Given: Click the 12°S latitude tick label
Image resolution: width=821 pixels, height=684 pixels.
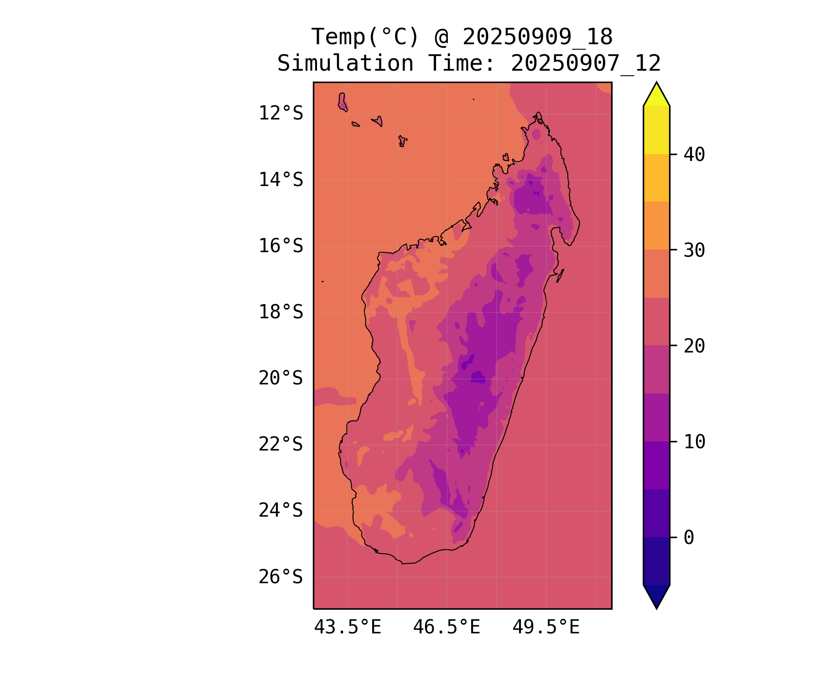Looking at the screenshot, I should tap(281, 113).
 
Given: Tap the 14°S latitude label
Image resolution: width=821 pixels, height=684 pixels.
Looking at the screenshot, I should tap(281, 180).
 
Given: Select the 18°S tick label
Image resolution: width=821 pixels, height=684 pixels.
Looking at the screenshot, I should tap(281, 312).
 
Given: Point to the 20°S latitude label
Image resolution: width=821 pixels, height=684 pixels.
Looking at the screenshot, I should tap(281, 378).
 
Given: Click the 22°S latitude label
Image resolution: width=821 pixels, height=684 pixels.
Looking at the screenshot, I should tap(281, 445).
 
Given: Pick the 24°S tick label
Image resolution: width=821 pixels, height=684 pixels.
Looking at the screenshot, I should tap(281, 511).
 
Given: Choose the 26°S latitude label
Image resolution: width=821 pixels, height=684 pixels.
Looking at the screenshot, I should tap(281, 577).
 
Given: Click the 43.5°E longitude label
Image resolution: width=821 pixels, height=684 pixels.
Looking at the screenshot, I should tap(348, 627).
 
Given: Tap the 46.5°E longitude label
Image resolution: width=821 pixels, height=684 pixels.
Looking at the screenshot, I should tap(447, 627).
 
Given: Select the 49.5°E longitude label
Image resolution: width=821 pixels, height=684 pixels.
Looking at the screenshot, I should tap(546, 627).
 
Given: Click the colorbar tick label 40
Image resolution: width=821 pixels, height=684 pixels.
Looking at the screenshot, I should tap(694, 155).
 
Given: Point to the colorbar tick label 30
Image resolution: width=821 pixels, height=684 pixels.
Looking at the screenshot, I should tap(694, 250).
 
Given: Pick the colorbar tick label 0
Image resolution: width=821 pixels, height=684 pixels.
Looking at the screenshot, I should tap(689, 538).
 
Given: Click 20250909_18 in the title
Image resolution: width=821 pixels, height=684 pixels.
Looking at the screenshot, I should tap(537, 37).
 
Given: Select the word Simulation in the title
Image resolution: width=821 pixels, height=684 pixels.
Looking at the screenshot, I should tap(345, 63).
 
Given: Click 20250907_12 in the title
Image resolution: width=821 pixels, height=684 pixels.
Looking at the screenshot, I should tap(586, 63).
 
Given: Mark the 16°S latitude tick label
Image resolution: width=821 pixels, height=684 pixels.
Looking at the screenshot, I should tap(281, 246).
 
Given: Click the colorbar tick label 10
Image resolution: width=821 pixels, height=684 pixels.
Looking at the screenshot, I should tap(694, 442).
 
